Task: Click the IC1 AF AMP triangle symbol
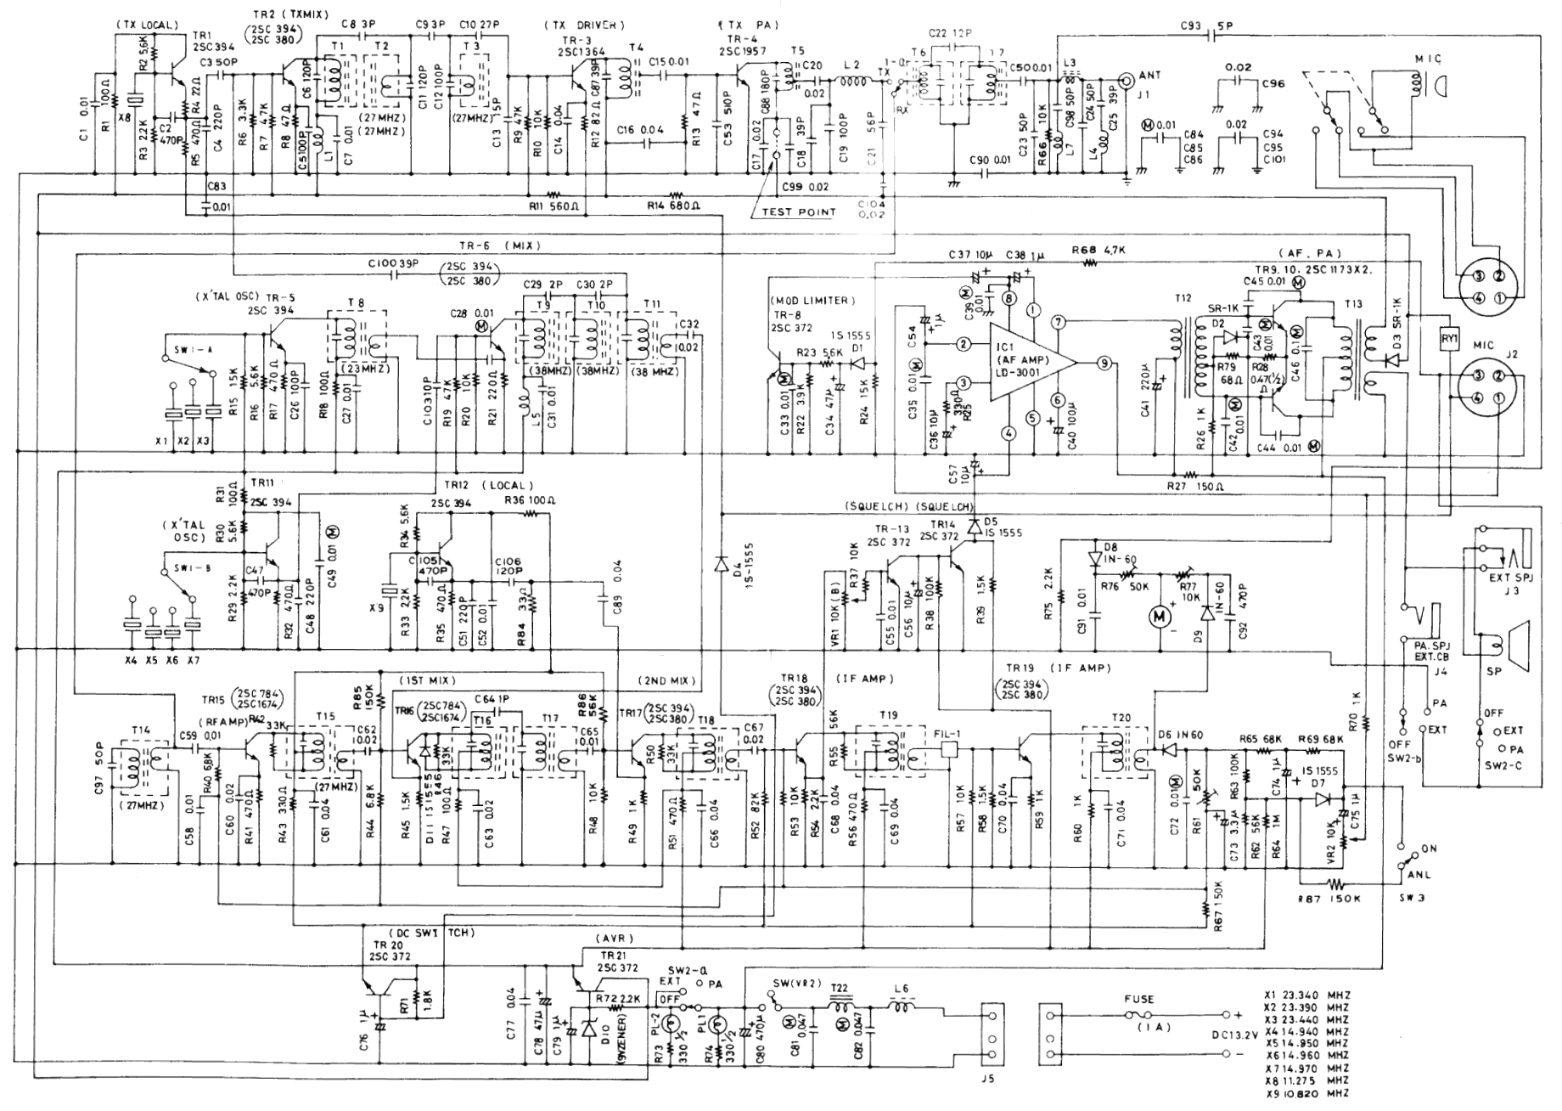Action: [1027, 363]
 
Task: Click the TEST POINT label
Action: [798, 212]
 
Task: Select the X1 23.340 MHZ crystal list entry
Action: [1306, 995]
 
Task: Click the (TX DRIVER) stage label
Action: [586, 25]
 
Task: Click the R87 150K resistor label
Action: [1328, 897]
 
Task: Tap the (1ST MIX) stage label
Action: [426, 681]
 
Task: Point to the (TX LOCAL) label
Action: [146, 25]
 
